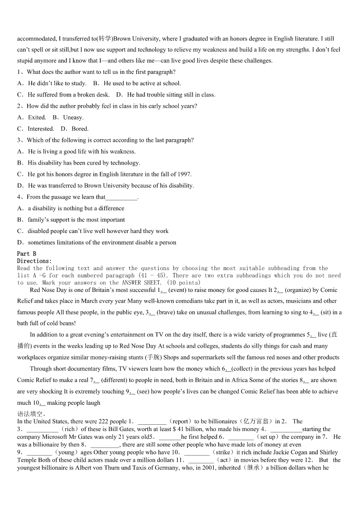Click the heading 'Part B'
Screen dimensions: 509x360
coord(26,254)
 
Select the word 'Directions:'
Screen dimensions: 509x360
coord(34,261)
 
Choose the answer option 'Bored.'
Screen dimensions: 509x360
coord(80,129)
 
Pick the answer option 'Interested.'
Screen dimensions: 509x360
coord(41,129)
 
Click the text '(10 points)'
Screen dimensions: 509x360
coord(182,282)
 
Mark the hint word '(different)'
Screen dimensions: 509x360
coord(116,380)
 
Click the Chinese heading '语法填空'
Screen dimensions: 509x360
coord(30,413)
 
